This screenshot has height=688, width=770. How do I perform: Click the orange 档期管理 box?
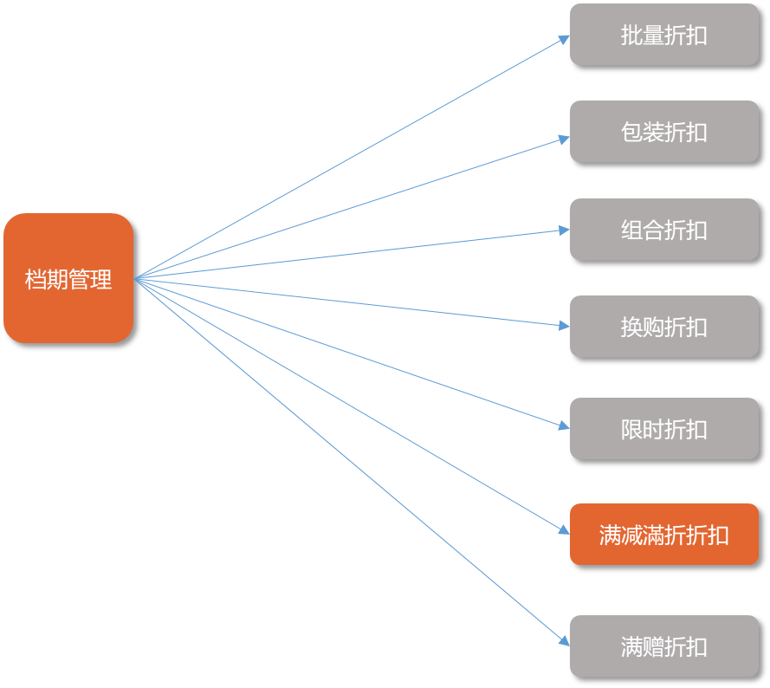point(68,278)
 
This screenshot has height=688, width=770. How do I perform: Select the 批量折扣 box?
point(663,35)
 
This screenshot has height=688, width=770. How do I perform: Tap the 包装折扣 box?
point(663,132)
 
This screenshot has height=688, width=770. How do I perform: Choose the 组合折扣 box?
point(663,230)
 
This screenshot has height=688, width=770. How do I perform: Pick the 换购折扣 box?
point(663,327)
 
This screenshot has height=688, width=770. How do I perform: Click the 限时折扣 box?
point(663,429)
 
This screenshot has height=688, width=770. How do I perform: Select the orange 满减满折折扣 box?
point(663,535)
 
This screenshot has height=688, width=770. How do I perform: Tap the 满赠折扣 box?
point(663,646)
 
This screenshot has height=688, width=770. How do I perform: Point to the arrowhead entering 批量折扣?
point(564,38)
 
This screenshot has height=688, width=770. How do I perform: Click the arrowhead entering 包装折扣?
point(564,138)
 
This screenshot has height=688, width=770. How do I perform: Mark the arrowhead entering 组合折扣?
point(564,230)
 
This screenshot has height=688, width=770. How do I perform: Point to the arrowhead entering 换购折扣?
point(564,326)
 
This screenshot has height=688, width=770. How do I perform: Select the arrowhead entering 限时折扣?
point(564,425)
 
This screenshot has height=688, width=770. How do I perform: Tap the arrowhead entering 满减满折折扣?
point(564,529)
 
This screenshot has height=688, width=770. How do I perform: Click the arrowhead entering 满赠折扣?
point(564,641)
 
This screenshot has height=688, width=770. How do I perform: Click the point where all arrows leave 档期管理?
point(136,278)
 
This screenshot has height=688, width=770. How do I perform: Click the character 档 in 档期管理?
point(36,280)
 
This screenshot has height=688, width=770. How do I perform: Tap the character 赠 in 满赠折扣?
point(653,647)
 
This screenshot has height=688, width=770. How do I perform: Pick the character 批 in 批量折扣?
point(631,36)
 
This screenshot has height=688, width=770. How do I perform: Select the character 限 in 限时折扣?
point(631,430)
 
